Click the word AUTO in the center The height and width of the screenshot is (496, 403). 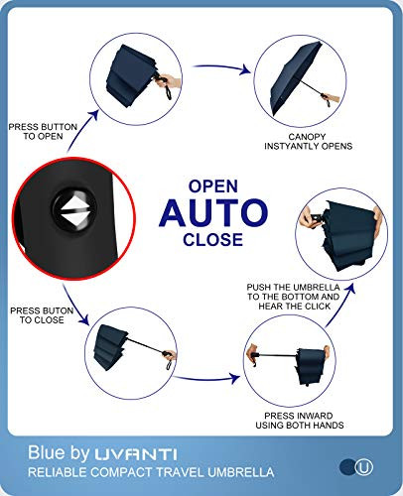pyautogui.click(x=213, y=213)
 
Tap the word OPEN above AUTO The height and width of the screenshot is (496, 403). pyautogui.click(x=213, y=186)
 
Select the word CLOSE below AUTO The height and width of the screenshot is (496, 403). pyautogui.click(x=213, y=239)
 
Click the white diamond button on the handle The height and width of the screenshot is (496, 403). pyautogui.click(x=75, y=211)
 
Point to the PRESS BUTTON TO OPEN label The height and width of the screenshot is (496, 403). pyautogui.click(x=43, y=132)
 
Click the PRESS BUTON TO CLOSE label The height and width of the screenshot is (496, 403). pyautogui.click(x=42, y=315)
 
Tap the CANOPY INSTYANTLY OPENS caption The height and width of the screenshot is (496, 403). pyautogui.click(x=308, y=142)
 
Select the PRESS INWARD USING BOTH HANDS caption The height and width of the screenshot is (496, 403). pyautogui.click(x=299, y=421)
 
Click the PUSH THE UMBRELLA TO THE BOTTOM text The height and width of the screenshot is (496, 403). pyautogui.click(x=294, y=292)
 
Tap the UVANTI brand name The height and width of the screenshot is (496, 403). pyautogui.click(x=136, y=454)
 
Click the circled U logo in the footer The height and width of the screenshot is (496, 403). pyautogui.click(x=364, y=467)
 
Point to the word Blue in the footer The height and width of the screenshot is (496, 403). pyautogui.click(x=48, y=452)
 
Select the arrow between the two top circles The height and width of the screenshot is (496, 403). pyautogui.click(x=221, y=67)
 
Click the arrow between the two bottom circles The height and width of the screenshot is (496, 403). pyautogui.click(x=206, y=378)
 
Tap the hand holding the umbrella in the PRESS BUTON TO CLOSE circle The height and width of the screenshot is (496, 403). pyautogui.click(x=170, y=355)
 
